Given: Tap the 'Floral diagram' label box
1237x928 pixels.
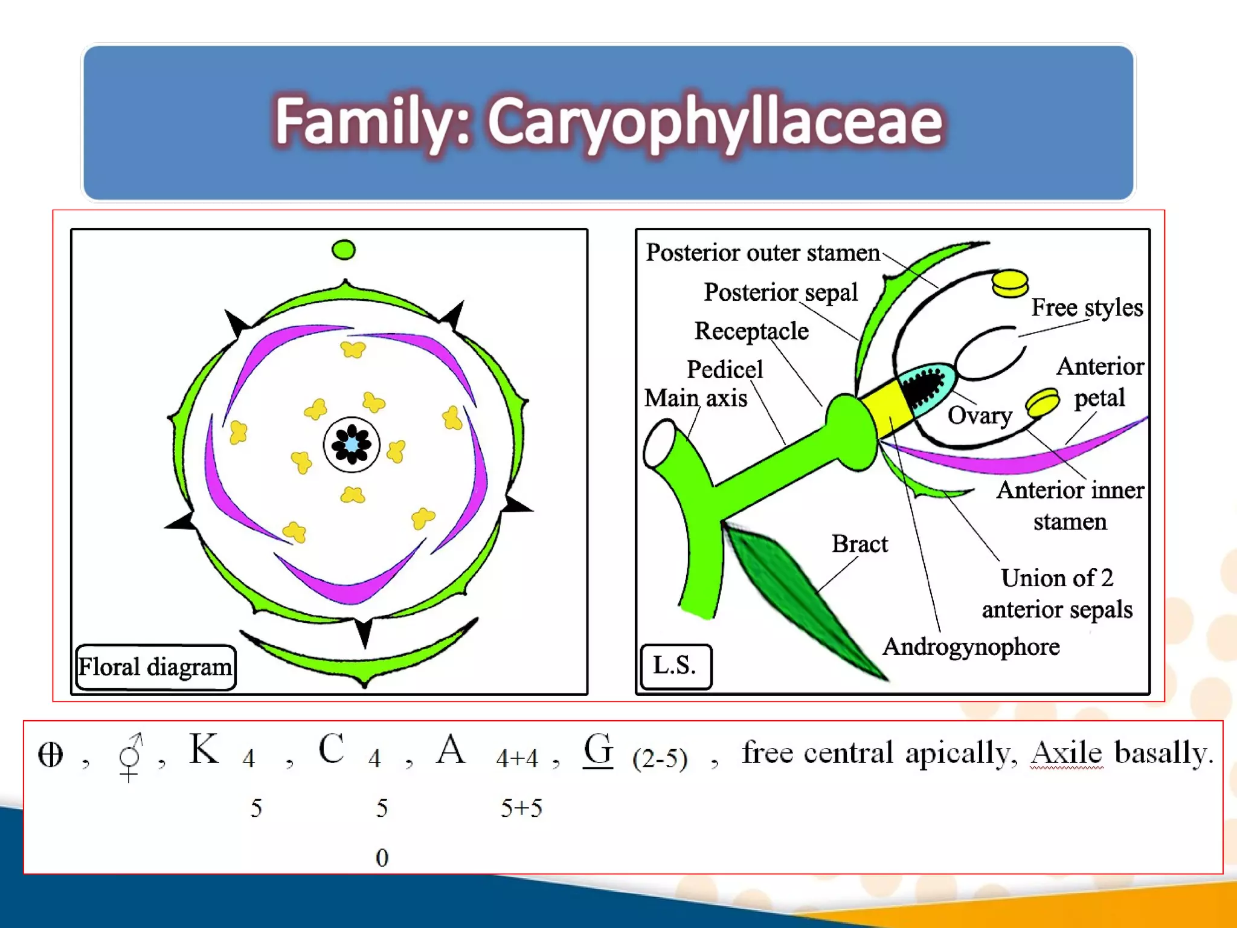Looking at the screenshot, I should [155, 667].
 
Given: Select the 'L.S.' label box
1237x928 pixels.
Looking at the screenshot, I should [675, 666].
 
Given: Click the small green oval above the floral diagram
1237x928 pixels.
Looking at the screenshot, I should [344, 250].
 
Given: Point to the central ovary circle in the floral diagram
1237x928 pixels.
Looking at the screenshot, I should [352, 445].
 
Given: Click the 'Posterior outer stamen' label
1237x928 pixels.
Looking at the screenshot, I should [762, 253].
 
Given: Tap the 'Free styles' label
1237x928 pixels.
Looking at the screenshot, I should [1087, 308].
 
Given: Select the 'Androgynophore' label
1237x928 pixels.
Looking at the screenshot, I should [971, 647].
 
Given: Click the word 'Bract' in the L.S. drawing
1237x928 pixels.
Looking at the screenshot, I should [859, 544].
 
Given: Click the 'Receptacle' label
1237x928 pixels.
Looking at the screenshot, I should [751, 331].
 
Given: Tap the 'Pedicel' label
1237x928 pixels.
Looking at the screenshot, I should [725, 369].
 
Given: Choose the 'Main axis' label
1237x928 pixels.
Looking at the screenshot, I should [695, 399].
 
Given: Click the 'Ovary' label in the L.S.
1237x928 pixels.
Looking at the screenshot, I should [979, 416].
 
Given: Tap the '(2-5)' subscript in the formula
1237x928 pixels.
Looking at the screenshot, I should [660, 759].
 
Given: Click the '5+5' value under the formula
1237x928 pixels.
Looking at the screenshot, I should [521, 808].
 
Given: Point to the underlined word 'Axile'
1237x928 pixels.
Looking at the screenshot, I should [1067, 753].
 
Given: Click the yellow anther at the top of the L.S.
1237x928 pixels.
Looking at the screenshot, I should [1009, 283].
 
